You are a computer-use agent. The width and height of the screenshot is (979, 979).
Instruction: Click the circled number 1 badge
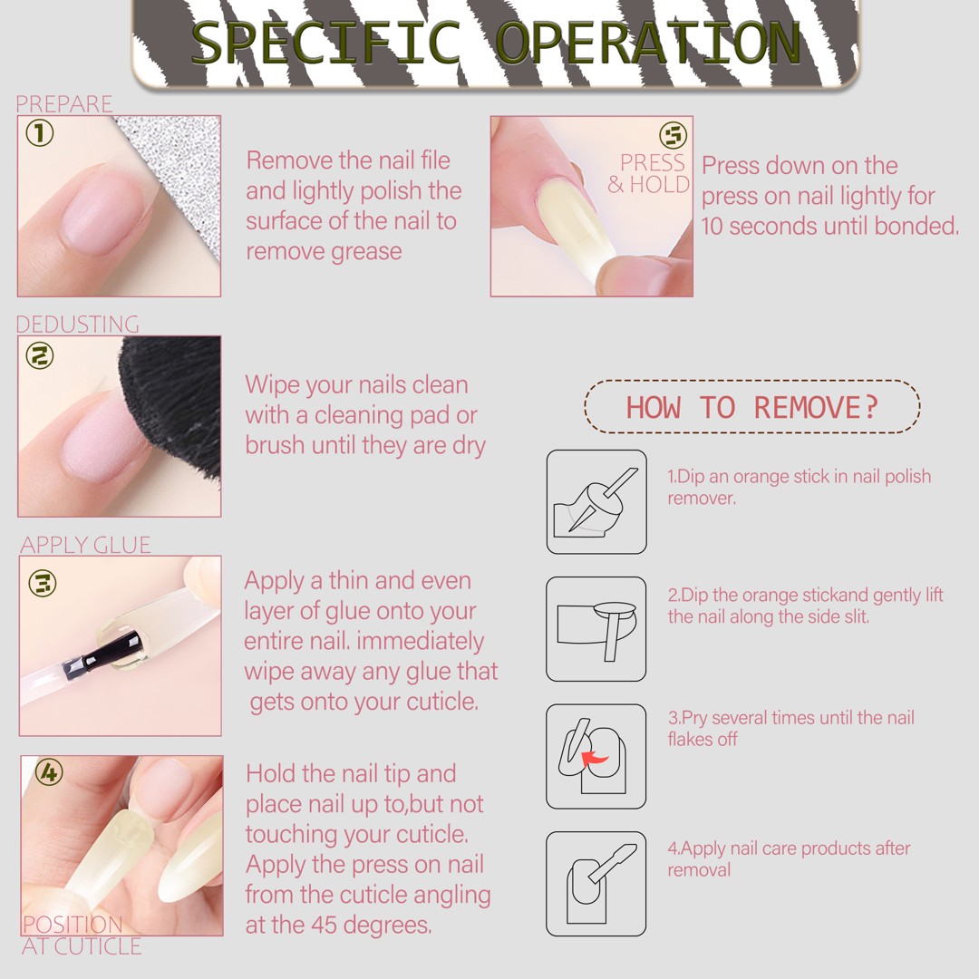coord(39,133)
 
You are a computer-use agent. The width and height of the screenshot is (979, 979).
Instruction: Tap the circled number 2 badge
coord(39,355)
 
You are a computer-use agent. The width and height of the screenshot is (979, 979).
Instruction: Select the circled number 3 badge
coord(43,583)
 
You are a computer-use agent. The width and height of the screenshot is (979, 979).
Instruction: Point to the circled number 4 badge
coord(49,772)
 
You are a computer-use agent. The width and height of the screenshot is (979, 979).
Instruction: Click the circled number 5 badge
coord(673,135)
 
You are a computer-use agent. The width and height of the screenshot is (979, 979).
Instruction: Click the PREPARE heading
coord(64,103)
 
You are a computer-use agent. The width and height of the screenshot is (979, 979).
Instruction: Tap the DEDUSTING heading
coord(77,324)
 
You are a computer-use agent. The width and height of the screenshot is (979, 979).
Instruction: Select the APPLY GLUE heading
coord(85,545)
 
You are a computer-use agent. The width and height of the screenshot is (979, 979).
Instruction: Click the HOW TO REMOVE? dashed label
coord(752,406)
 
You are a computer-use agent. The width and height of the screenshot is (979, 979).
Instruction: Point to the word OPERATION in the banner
coord(648,43)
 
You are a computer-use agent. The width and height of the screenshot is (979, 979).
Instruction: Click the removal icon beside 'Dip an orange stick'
coord(596,501)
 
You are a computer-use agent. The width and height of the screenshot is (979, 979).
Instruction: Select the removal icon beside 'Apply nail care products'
coord(596,884)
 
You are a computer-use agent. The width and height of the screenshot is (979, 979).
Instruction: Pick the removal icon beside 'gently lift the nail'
coord(596,629)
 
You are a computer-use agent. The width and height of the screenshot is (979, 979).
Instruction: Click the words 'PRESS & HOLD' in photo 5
coord(649,173)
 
